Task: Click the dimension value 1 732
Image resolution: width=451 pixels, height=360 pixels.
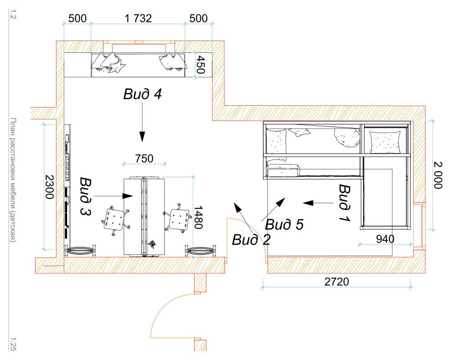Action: tap(138, 18)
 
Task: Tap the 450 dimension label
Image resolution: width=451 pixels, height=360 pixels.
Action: tap(201, 64)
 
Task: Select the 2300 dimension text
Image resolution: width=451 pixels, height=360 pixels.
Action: tap(50, 187)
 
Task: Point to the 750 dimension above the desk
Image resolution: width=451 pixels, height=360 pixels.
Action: tap(144, 159)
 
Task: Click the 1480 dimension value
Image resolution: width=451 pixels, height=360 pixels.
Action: tap(199, 217)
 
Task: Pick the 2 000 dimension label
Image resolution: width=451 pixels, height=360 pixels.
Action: tap(438, 175)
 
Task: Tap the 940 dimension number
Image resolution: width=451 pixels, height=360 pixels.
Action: tap(385, 239)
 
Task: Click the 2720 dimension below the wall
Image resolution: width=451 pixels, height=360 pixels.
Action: tap(337, 282)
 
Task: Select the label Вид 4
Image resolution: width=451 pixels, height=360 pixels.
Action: tap(143, 94)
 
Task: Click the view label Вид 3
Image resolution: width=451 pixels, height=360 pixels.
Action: tap(86, 196)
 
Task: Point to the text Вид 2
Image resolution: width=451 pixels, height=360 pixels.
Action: tap(251, 240)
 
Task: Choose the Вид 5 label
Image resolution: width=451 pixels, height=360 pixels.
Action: tap(284, 225)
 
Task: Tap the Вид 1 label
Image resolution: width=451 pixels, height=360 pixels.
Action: tap(344, 203)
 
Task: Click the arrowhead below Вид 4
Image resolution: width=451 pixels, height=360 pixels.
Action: tap(142, 136)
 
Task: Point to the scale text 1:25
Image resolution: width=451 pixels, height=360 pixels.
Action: tap(13, 344)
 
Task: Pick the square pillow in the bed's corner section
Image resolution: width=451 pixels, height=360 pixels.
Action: tap(385, 142)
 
